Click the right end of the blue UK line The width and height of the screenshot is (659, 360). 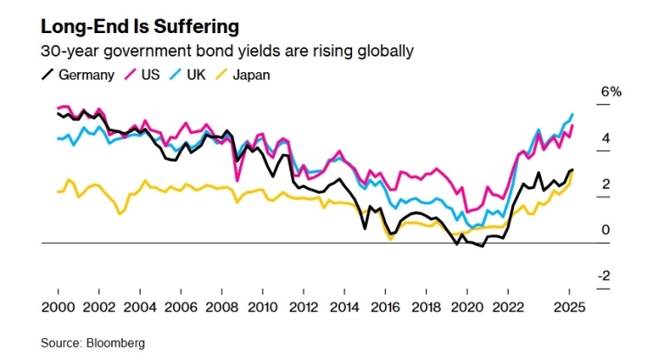tap(572, 115)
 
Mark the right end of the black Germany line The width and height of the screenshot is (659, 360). tap(572, 170)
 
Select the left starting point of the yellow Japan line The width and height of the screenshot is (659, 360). tap(57, 192)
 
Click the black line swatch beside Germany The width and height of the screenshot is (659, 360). tap(49, 75)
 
